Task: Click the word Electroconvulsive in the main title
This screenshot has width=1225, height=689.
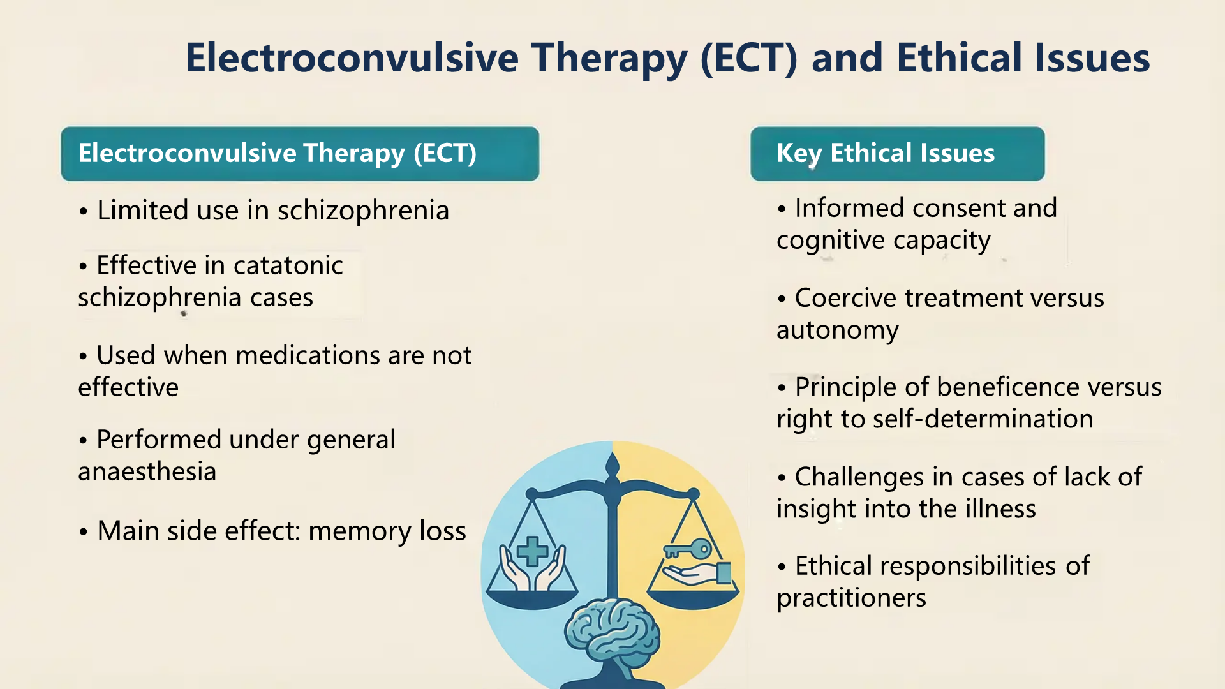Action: [x=352, y=57]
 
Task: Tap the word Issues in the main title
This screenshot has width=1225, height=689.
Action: [x=1092, y=57]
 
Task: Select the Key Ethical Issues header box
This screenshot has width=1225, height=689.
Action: [x=898, y=154]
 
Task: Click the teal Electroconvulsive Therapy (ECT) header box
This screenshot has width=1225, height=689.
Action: [x=300, y=154]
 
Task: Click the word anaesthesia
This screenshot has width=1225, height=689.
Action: [x=147, y=471]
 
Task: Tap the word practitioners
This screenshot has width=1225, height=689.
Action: [x=851, y=598]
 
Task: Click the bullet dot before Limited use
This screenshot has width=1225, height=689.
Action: [x=83, y=211]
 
